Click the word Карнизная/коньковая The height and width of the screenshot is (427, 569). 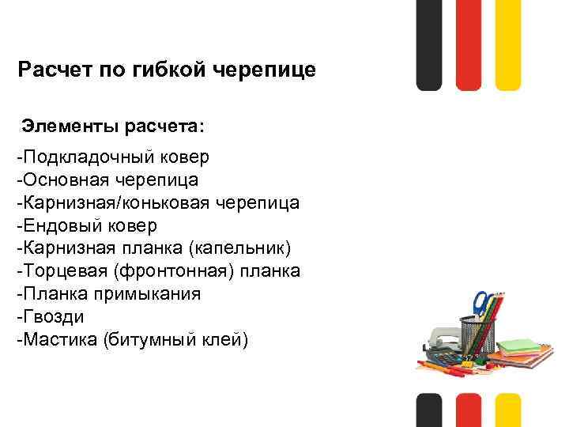106,202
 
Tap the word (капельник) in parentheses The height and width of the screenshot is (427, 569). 240,248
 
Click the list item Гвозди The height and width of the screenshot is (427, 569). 50,317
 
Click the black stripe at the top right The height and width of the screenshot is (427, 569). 429,43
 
